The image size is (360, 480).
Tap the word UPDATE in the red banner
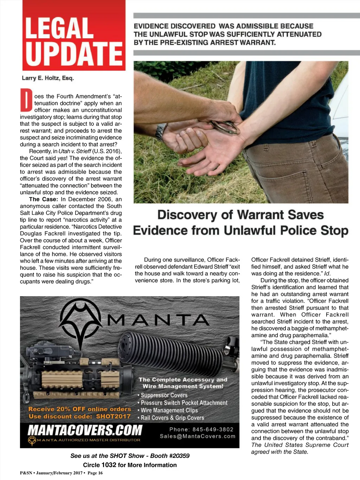coord(74,54)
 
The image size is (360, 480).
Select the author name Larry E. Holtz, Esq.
coord(48,78)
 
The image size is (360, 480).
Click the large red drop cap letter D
coord(26,100)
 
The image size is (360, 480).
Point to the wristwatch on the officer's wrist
coord(161,132)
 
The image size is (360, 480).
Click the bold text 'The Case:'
coord(44,199)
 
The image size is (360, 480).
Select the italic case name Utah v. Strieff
coord(75,151)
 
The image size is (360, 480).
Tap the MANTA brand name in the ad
coord(158,320)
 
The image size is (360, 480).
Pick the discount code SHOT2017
coord(113,416)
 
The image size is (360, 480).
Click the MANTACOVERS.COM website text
coord(85,430)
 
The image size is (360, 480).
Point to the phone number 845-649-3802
coord(213,429)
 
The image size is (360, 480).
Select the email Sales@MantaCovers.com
coord(198,436)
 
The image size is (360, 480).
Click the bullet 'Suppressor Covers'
coord(164,395)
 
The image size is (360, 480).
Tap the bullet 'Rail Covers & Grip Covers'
coord(172,418)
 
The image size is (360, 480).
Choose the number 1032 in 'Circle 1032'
coord(109,465)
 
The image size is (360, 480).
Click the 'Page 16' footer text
coord(95,473)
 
